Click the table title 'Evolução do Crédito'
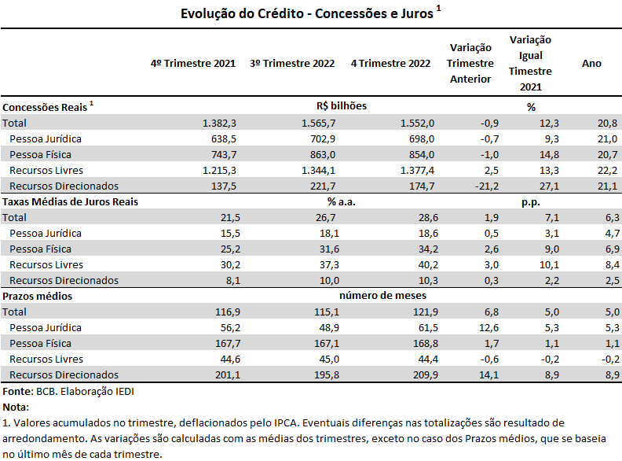[242, 13]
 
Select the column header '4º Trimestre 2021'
[193, 64]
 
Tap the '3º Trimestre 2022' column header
[292, 64]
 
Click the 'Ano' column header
[591, 64]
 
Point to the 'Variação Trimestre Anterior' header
[470, 63]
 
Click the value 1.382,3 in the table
[219, 124]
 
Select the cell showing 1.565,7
[318, 124]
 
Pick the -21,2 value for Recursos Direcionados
[487, 186]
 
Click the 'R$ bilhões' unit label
[342, 106]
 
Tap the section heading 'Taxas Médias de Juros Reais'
[70, 202]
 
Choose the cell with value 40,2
[428, 264]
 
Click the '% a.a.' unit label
[342, 202]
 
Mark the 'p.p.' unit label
[531, 202]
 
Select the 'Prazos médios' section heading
[37, 297]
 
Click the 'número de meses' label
[382, 296]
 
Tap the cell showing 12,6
[489, 328]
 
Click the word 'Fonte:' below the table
[18, 392]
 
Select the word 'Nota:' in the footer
[16, 408]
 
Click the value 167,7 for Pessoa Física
[228, 343]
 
